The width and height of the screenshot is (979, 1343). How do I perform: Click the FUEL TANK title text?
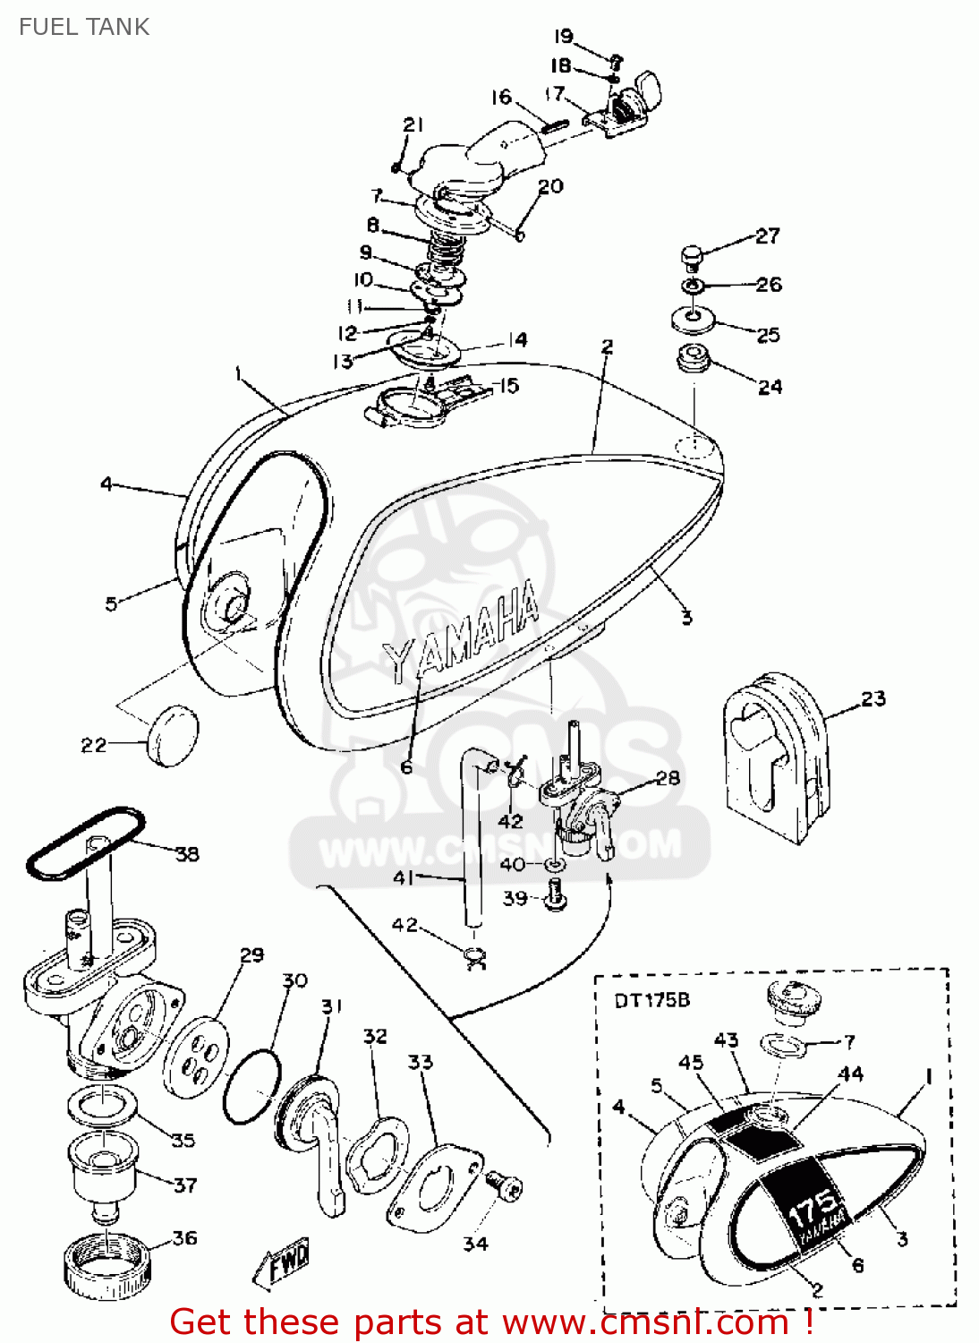84,27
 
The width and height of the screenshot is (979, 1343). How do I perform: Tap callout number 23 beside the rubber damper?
873,698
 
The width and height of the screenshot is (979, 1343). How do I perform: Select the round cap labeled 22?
171,735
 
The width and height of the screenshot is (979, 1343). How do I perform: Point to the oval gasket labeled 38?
85,842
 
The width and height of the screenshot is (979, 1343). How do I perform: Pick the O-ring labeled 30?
251,1087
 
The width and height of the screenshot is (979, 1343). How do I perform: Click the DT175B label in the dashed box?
651,1000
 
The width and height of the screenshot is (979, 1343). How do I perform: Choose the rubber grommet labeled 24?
694,360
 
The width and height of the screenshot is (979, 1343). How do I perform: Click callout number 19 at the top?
563,37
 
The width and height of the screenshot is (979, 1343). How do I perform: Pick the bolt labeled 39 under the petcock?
555,894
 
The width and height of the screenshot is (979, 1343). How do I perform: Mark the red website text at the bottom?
490,1322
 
